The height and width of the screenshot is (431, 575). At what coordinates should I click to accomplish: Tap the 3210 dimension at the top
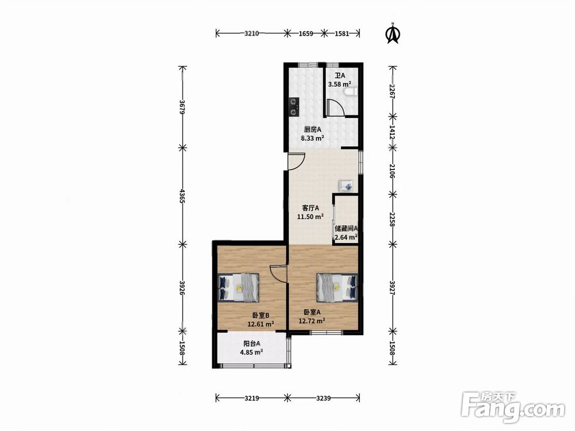click(252, 34)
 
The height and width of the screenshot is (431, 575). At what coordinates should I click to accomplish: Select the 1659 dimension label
click(306, 34)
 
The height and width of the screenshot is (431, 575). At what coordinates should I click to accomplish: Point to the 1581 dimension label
click(342, 34)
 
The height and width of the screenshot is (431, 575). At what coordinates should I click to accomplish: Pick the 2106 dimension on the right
click(392, 171)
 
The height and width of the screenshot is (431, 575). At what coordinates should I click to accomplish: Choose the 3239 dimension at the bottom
click(323, 398)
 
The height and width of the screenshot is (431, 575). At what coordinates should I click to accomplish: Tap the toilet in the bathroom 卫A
click(352, 92)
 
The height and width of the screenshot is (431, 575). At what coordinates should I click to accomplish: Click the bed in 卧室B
click(239, 287)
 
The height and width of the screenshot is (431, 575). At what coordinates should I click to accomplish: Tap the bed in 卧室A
click(337, 287)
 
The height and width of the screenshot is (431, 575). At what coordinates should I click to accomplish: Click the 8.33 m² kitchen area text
click(312, 138)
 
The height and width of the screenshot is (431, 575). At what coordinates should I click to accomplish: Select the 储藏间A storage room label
click(346, 228)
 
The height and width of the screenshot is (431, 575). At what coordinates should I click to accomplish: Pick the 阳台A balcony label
click(252, 344)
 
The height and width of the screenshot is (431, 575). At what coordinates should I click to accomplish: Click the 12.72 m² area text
click(312, 321)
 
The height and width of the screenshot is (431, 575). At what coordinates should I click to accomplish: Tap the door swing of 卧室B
click(278, 273)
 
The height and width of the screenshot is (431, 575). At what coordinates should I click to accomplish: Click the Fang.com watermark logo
click(513, 407)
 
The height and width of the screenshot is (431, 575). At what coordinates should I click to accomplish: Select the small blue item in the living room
click(346, 186)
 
